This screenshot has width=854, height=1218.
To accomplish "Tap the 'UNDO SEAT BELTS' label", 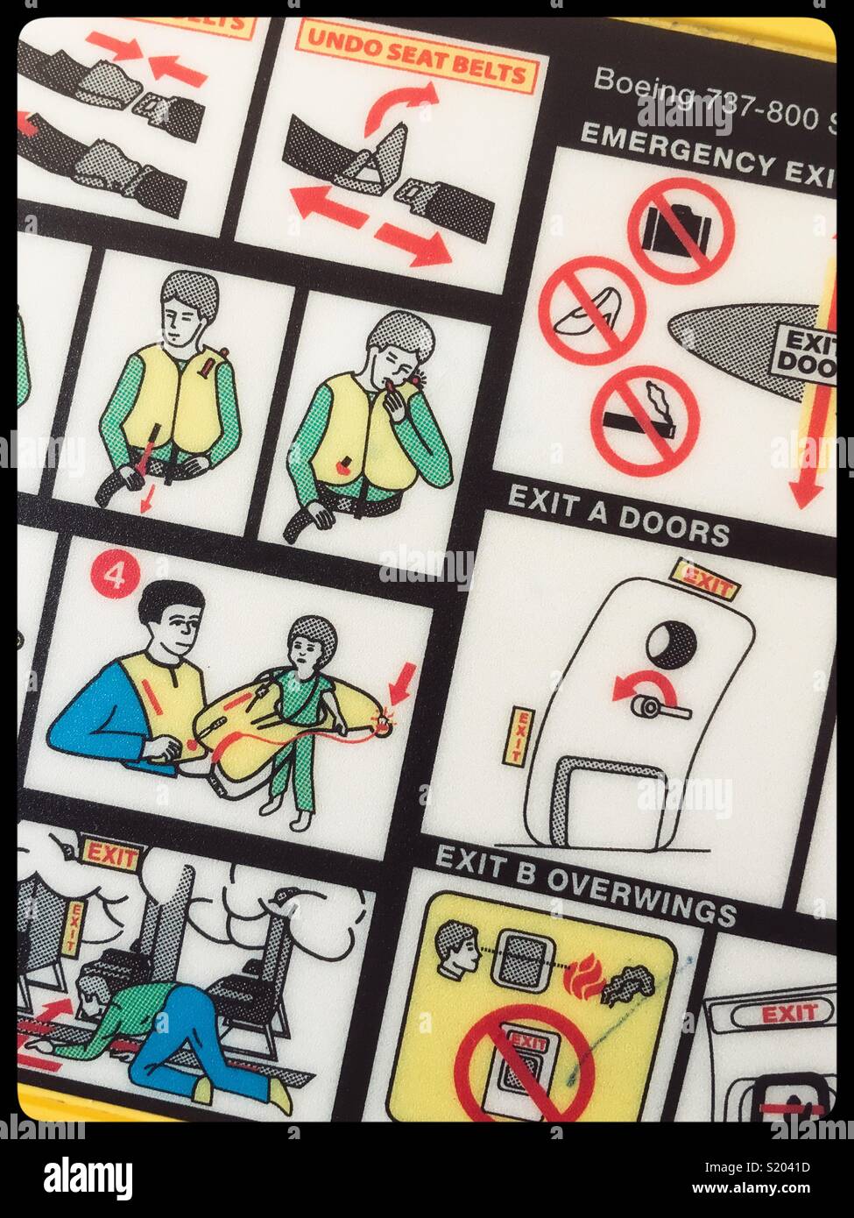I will [x=415, y=59].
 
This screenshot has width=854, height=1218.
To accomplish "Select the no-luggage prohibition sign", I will [x=680, y=230].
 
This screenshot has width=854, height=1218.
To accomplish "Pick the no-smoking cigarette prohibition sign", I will [x=645, y=419].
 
